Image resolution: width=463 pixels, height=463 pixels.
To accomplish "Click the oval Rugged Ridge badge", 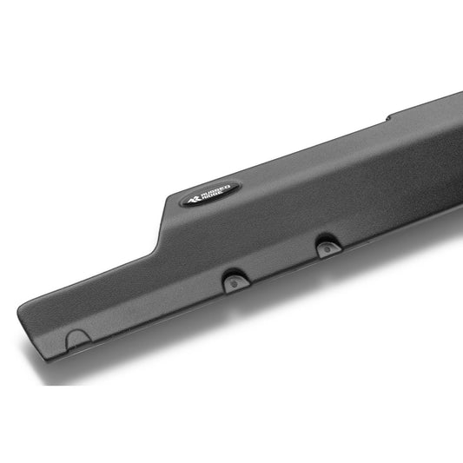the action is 209,194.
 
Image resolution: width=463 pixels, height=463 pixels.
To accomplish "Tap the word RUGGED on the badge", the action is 215,190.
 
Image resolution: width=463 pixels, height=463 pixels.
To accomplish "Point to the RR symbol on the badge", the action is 195,199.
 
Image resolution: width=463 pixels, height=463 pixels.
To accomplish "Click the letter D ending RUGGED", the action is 228,187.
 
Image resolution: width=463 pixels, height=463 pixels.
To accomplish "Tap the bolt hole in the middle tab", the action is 235,284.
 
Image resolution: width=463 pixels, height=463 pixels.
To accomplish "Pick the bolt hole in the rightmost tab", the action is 327,250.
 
